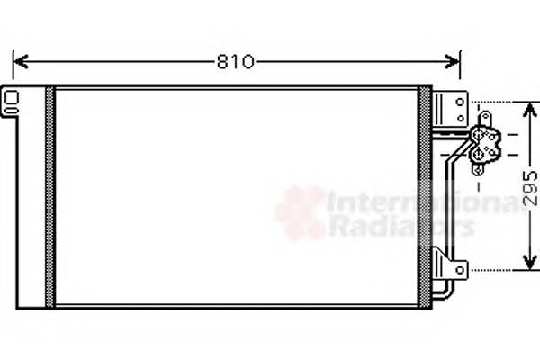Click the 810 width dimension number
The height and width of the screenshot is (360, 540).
tap(235, 62)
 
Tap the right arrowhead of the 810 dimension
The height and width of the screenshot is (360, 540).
tap(454, 61)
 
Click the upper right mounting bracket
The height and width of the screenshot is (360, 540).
tap(448, 109)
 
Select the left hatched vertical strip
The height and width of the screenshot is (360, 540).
tap(50, 197)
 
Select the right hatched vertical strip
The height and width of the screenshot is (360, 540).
tap(423, 197)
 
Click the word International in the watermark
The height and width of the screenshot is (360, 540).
tap(423, 202)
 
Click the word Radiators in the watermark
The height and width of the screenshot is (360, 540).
tap(400, 226)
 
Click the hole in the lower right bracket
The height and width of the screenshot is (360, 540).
tap(459, 267)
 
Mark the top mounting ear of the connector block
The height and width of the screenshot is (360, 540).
tap(484, 118)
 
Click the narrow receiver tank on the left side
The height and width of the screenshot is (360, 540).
tap(30, 197)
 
